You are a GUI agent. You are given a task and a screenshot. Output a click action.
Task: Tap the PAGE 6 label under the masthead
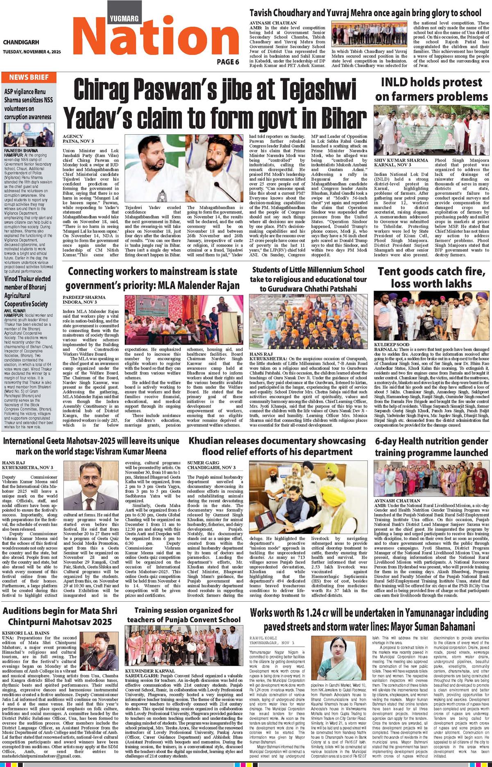coord(228,62)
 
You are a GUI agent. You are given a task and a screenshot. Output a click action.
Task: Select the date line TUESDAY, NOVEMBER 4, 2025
coord(32,52)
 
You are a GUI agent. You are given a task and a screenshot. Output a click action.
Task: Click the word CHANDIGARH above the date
coord(21,42)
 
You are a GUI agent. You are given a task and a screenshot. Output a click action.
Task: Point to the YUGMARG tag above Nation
coord(124,18)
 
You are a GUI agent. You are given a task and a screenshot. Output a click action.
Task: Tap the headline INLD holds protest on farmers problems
coord(431,89)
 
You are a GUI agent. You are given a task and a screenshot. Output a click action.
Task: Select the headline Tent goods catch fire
coord(431,277)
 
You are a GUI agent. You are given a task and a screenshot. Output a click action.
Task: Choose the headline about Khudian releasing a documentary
coord(277,446)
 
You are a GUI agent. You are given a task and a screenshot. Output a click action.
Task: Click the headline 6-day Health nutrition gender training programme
coord(431,447)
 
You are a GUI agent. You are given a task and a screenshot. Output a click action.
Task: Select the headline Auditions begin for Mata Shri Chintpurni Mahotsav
coord(57,616)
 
